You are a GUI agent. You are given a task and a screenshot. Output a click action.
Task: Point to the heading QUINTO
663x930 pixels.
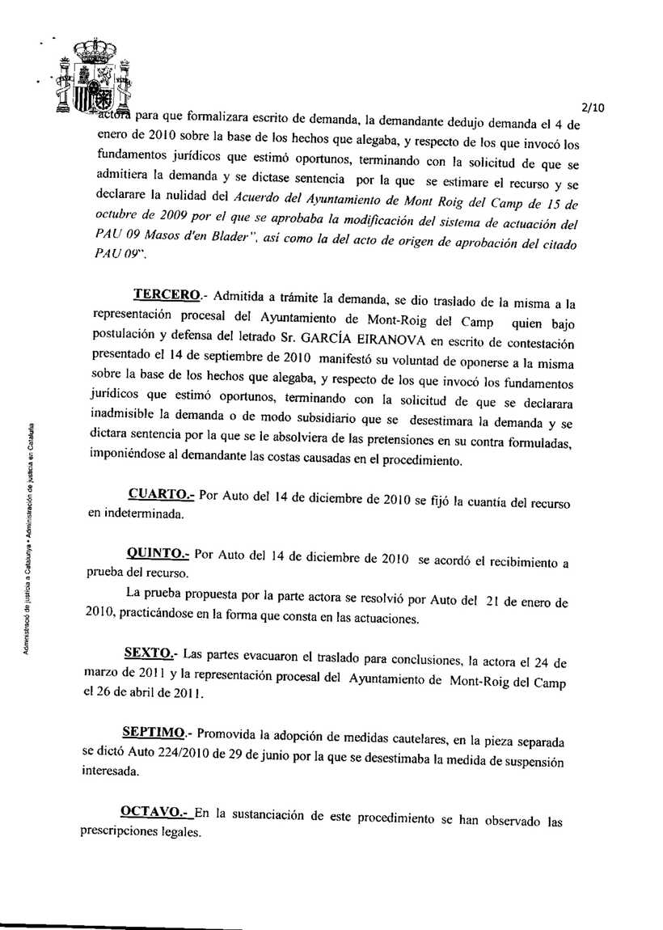157,555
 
